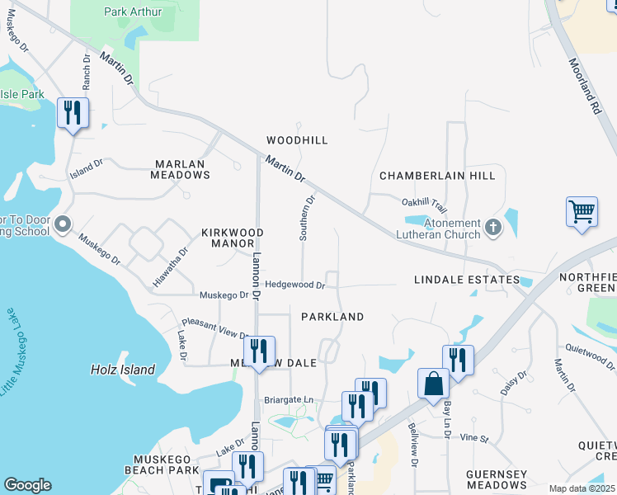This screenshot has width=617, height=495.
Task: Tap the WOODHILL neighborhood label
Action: pos(297,141)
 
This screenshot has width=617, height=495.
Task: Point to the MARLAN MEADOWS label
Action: pos(181,169)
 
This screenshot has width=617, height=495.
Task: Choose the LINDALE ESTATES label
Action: pos(467,280)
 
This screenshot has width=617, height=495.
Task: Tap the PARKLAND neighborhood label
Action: pos(332,317)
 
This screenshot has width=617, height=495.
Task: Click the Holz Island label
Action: pos(122,370)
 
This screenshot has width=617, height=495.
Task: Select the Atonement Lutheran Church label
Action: pos(440,229)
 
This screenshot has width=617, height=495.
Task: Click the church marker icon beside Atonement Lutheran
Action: pos(493,227)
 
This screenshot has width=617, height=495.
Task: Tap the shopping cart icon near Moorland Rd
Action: pos(582,211)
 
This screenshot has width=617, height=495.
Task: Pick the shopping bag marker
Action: pos(433,383)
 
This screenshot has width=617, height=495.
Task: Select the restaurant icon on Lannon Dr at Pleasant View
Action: pos(260,350)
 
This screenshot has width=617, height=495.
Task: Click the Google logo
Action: pos(27,485)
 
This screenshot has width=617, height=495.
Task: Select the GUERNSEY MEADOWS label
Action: pos(496,479)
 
